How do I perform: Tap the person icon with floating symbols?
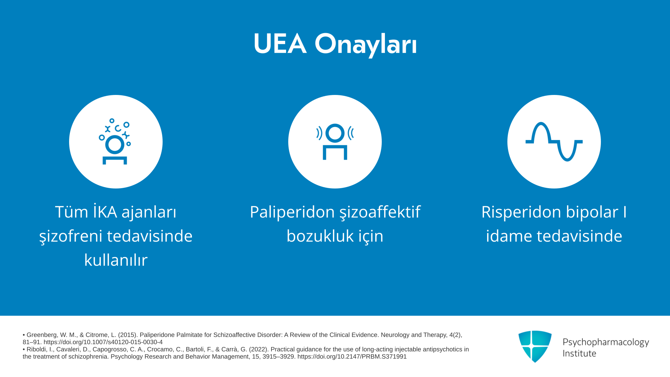tap(115, 141)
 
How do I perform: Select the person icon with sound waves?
tap(335, 141)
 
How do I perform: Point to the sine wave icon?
tap(554, 141)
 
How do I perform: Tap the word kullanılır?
tap(116, 260)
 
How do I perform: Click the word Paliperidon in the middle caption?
tap(292, 212)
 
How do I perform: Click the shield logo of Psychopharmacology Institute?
tap(535, 347)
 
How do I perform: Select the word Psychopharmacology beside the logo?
tap(606, 342)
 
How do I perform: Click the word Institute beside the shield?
tap(579, 353)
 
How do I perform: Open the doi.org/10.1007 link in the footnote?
tap(103, 342)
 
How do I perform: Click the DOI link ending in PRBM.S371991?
tap(352, 357)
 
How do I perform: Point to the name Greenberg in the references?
tap(42, 335)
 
